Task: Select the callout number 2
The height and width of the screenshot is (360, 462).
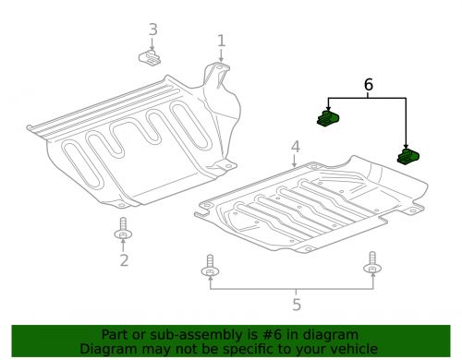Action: [123, 261]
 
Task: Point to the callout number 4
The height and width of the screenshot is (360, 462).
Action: [295, 147]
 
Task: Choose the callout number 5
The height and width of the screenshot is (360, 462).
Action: [295, 302]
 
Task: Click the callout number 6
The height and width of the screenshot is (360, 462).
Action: [369, 84]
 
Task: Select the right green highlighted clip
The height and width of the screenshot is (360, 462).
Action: [408, 157]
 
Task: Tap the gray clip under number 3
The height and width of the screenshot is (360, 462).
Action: [152, 59]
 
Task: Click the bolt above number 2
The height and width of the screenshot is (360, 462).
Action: [123, 231]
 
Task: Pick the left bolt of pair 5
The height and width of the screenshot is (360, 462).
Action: [212, 267]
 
